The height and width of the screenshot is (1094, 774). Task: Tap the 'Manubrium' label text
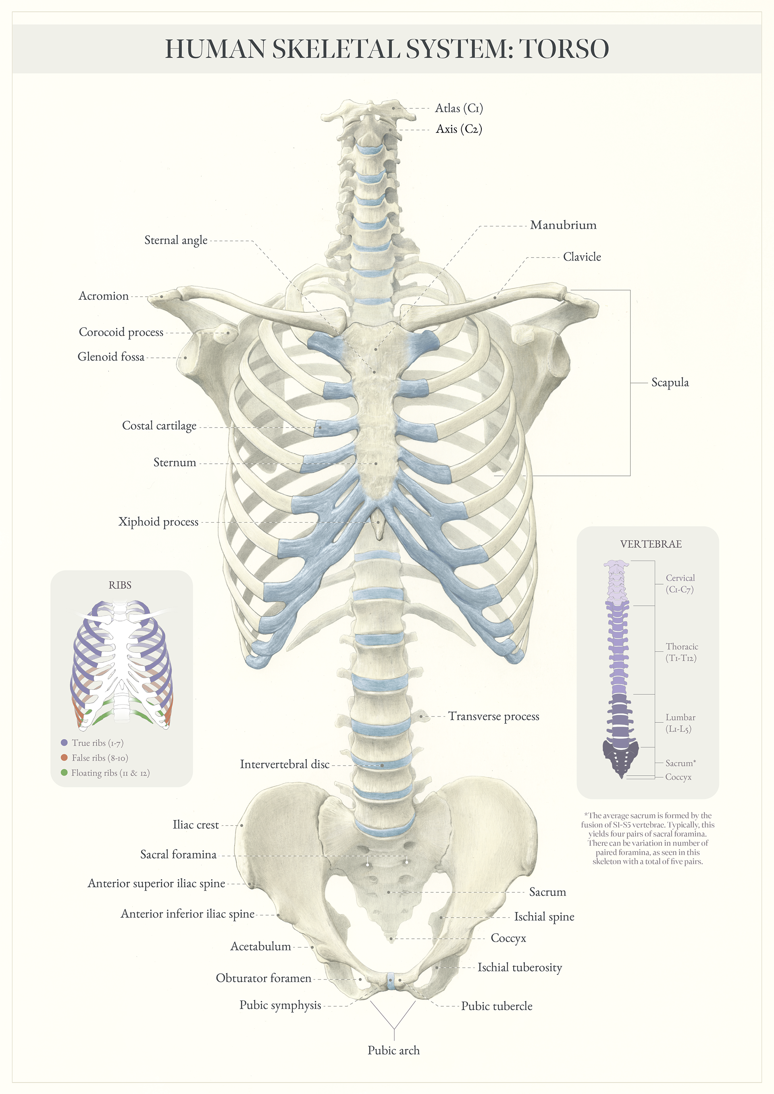pos(563,225)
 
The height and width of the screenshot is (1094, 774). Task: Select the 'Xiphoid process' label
pos(158,522)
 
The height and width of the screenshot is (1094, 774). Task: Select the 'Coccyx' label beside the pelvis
pos(508,938)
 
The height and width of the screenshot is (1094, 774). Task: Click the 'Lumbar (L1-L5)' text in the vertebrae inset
pos(680,723)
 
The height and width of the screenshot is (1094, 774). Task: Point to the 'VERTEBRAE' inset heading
pos(651,544)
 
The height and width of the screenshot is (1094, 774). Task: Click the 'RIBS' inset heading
pos(120,585)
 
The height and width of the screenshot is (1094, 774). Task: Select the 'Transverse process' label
pos(493,716)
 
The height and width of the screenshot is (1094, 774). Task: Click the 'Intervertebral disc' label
pos(285,764)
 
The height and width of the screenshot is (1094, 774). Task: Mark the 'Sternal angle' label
pos(176,240)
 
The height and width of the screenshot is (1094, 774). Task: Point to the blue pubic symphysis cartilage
pos(391,981)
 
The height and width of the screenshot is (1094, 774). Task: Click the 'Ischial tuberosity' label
pos(520,967)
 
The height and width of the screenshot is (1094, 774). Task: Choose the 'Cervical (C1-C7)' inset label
pos(680,583)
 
